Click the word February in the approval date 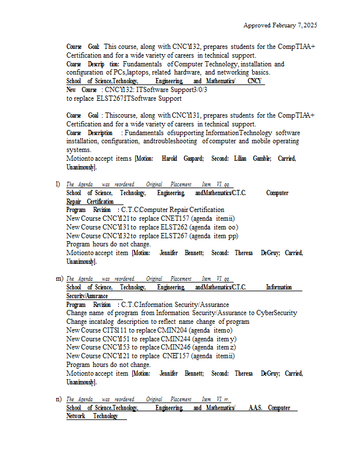pyautogui.click(x=281, y=26)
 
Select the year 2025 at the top pyautogui.click(x=309, y=26)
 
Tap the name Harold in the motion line pyautogui.click(x=170, y=158)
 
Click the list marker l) pyautogui.click(x=58, y=184)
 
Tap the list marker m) pyautogui.click(x=59, y=279)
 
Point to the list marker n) pyautogui.click(x=59, y=399)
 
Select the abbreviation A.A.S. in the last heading pyautogui.click(x=256, y=408)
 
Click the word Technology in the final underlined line pyautogui.click(x=105, y=416)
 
